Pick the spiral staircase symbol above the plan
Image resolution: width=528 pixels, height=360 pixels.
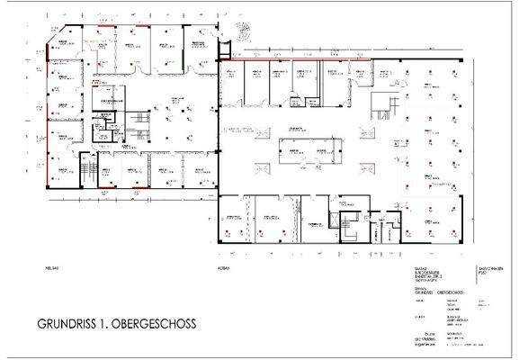[x=240, y=30]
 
